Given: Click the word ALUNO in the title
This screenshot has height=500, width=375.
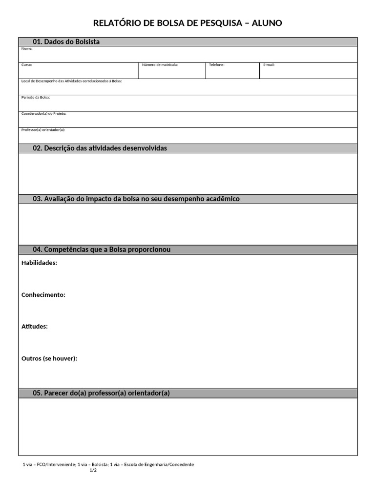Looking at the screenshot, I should pyautogui.click(x=267, y=23).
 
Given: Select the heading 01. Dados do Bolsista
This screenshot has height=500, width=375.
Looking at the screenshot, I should pyautogui.click(x=66, y=42).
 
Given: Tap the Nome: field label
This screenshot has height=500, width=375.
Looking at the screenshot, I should pyautogui.click(x=27, y=49).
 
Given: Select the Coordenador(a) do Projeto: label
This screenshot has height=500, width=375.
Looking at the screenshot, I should pyautogui.click(x=44, y=113).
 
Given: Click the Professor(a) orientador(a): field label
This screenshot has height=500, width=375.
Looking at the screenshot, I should pyautogui.click(x=43, y=130).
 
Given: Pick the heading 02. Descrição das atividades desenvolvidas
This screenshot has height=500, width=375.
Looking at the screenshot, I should pyautogui.click(x=100, y=148).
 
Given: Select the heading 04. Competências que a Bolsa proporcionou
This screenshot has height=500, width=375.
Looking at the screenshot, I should pyautogui.click(x=102, y=250).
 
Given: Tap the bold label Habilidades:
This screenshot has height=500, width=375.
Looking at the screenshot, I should pyautogui.click(x=39, y=263).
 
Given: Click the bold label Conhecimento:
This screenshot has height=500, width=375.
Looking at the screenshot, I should pyautogui.click(x=43, y=295).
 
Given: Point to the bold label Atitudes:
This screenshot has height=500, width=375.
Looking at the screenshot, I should pyautogui.click(x=35, y=327).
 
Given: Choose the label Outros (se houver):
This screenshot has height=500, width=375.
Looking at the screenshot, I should pyautogui.click(x=49, y=358).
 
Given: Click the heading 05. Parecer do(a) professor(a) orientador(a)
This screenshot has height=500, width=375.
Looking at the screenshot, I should pyautogui.click(x=101, y=393).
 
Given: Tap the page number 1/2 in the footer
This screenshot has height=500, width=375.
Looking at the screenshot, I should pyautogui.click(x=93, y=470).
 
